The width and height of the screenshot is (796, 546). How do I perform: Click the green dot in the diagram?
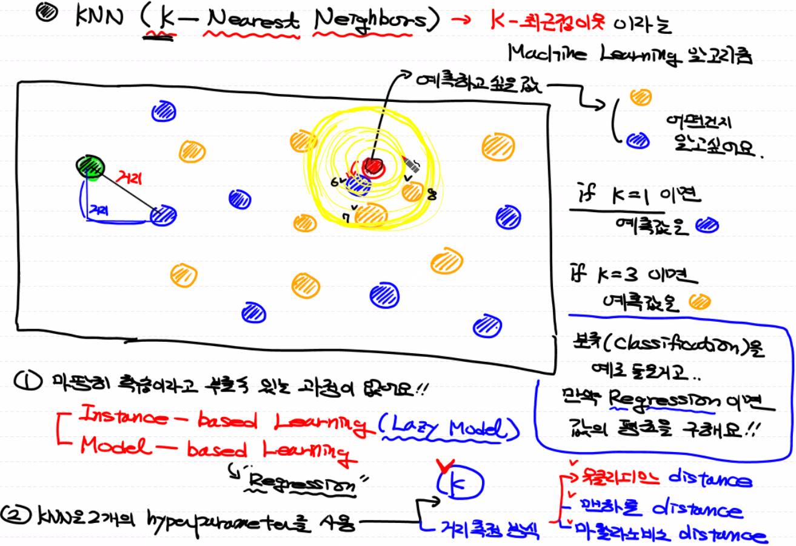(91, 165)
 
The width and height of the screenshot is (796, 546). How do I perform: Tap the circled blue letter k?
(459, 483)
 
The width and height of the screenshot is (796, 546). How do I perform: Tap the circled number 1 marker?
(26, 383)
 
